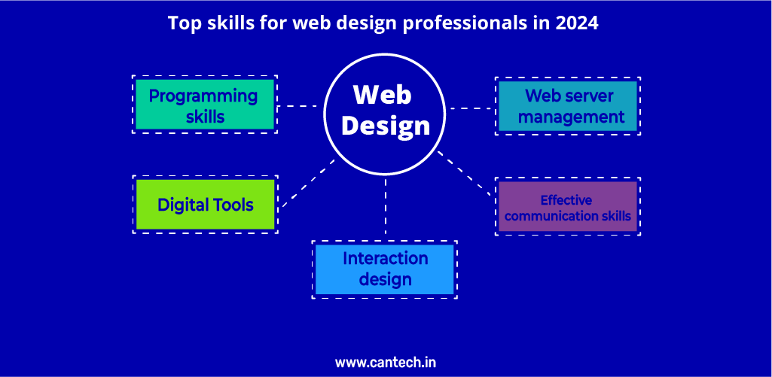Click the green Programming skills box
click(x=204, y=105)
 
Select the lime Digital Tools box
click(x=205, y=204)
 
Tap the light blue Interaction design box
click(x=385, y=269)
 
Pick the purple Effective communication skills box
click(x=568, y=206)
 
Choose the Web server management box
click(x=568, y=106)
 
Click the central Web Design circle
click(x=386, y=114)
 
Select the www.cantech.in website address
click(x=386, y=363)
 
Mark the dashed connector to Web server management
click(x=471, y=108)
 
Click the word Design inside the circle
click(x=386, y=126)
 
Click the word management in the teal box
click(x=572, y=117)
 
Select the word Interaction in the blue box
click(x=386, y=258)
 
